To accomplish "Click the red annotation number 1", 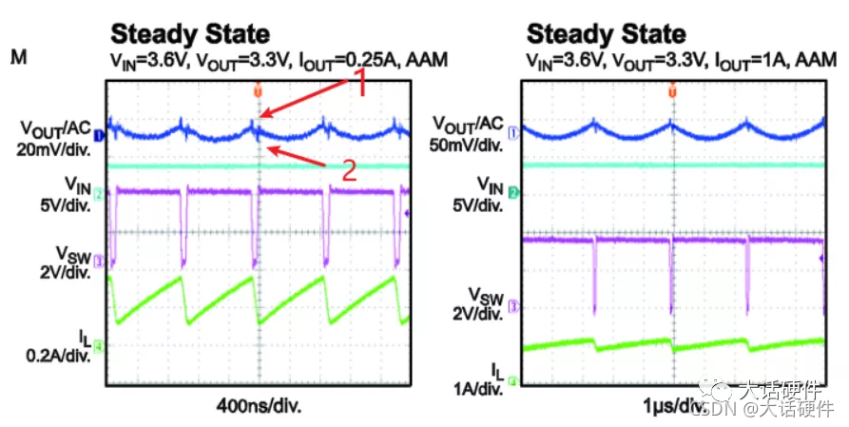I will click(361, 85).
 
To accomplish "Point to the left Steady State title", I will click(190, 34).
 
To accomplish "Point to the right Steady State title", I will click(606, 34).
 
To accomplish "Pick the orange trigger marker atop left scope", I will click(257, 90).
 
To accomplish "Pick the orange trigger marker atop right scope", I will click(671, 90).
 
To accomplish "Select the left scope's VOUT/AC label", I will click(55, 127).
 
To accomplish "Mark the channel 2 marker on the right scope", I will click(513, 193).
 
